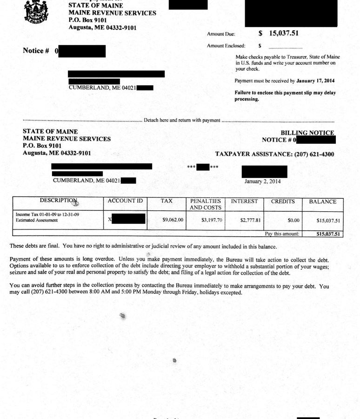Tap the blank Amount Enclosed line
[x=285, y=46]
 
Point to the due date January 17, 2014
[x=315, y=81]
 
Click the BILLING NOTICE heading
[x=307, y=133]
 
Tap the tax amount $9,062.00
[x=173, y=220]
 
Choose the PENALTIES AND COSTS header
[x=205, y=204]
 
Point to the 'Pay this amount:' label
[x=282, y=234]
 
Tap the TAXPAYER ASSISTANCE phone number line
[x=274, y=154]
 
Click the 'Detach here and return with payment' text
[x=182, y=120]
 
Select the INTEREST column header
[x=244, y=201]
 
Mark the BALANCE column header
[x=323, y=202]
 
